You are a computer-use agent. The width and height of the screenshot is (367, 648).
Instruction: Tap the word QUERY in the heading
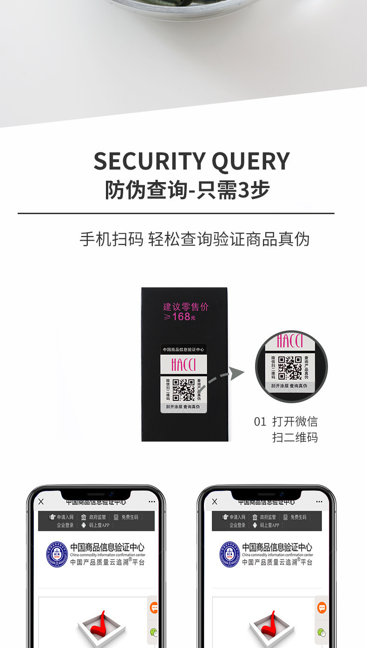(x=251, y=161)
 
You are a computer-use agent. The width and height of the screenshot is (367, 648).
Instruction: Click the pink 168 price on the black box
(x=181, y=317)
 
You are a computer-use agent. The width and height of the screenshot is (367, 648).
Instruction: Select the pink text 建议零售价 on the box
(x=186, y=307)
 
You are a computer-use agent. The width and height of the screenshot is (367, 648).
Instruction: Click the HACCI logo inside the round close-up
(x=290, y=341)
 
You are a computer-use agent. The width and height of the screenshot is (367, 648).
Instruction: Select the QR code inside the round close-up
(x=290, y=367)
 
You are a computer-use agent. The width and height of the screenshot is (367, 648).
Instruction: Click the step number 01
(x=260, y=422)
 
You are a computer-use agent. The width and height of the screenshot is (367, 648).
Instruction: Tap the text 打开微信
(x=295, y=422)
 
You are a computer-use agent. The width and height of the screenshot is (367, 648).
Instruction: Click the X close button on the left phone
(x=41, y=502)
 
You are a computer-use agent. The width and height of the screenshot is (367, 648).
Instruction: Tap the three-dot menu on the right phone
(x=319, y=502)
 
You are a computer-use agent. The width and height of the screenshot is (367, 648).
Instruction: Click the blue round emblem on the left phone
(x=57, y=554)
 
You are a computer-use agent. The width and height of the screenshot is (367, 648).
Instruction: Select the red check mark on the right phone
(x=273, y=625)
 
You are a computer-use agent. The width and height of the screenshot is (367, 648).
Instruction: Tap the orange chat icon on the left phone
(x=154, y=608)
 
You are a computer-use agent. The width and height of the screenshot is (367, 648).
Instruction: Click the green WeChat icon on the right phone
(x=321, y=632)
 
